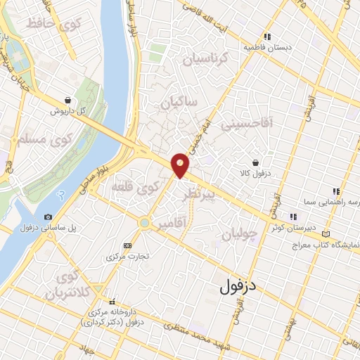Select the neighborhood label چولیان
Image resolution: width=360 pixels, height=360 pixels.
236,233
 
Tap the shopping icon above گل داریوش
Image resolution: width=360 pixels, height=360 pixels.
67,100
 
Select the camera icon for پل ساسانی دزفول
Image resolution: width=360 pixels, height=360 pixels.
47,217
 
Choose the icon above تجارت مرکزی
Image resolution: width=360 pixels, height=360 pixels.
127,245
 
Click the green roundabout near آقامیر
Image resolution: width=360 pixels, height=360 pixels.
143,223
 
